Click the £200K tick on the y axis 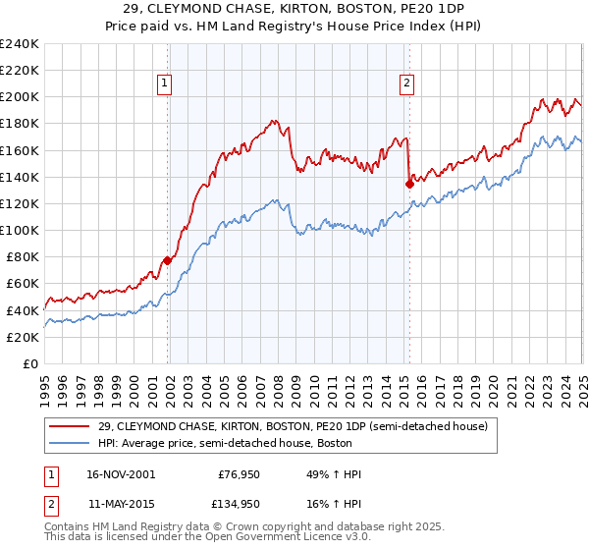(x=20, y=96)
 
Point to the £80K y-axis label (x=23, y=256)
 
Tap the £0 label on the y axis (x=30, y=363)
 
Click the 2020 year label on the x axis (x=494, y=383)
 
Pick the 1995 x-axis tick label (x=46, y=383)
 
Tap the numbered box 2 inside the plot (x=406, y=84)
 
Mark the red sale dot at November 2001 (x=168, y=260)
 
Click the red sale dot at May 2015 (x=409, y=183)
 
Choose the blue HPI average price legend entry (x=270, y=443)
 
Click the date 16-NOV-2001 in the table (x=120, y=474)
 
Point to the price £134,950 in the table (x=237, y=504)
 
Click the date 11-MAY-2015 (x=120, y=504)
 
